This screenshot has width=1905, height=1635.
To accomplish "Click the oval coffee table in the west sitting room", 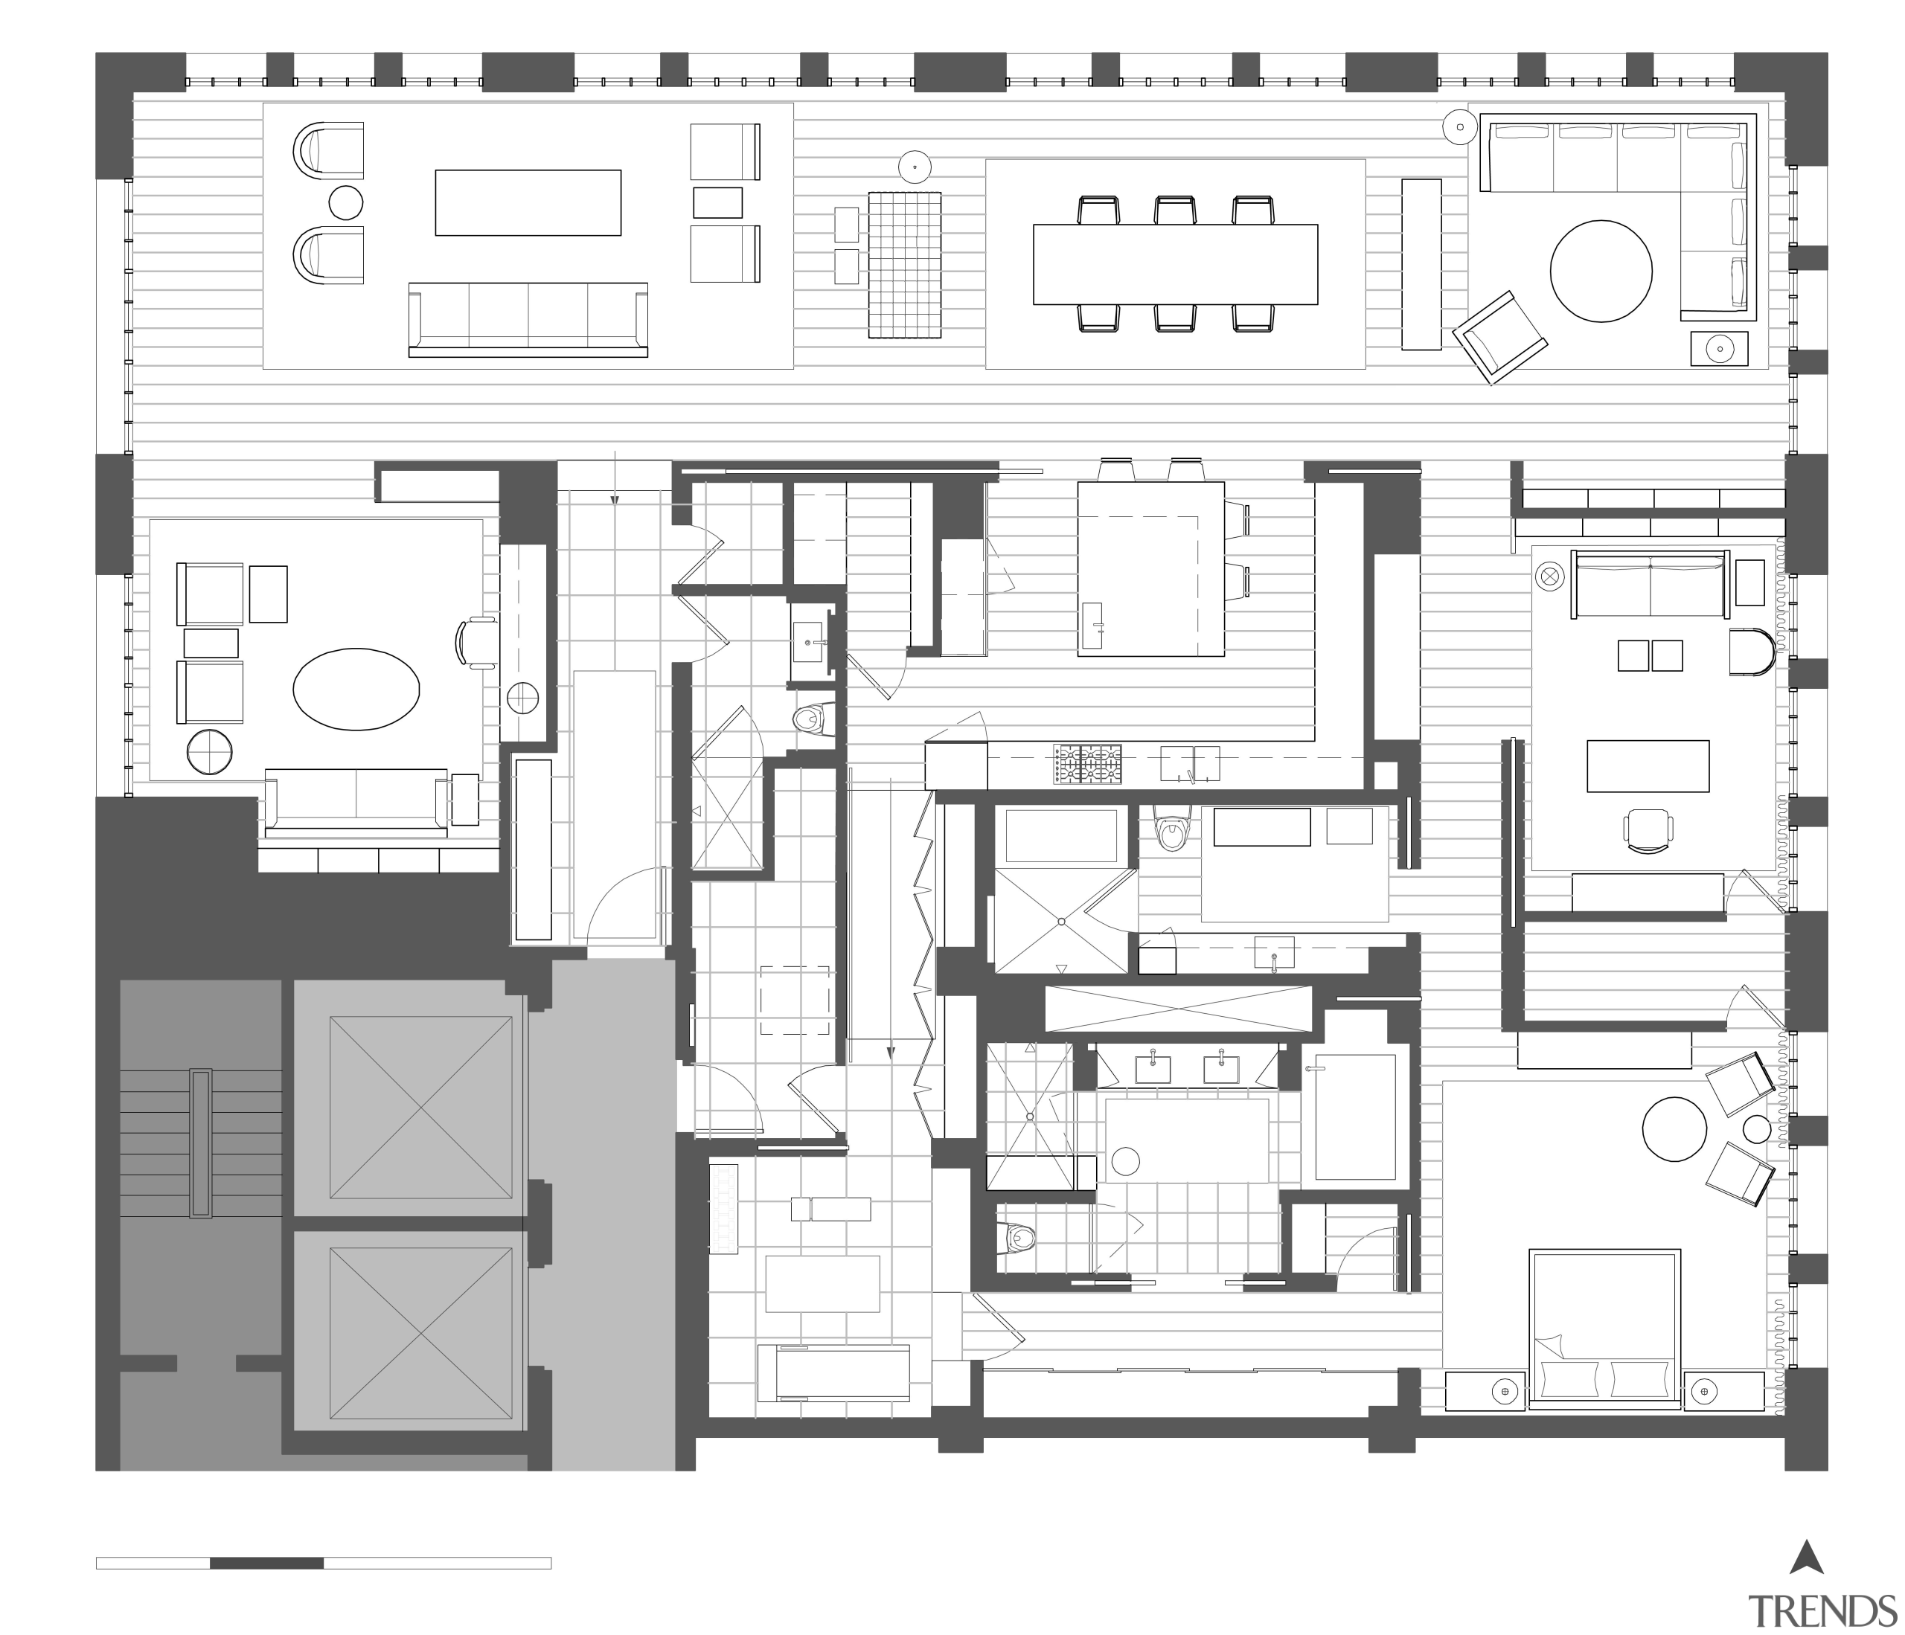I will pos(356,688).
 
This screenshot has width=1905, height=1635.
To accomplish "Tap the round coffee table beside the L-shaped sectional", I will pos(1601,270).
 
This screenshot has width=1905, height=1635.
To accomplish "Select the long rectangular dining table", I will pos(1175,264).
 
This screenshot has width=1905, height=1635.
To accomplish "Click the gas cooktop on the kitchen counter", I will pos(1089,765).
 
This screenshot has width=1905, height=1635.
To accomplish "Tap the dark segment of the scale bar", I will pos(266,1564).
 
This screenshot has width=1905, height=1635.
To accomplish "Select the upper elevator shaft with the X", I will pos(420,1107).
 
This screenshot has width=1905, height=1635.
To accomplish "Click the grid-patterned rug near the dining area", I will pos(905,265).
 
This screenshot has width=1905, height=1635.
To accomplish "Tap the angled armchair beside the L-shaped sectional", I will pos(1499,337).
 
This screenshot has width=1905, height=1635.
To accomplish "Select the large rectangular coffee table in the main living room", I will pos(528,202).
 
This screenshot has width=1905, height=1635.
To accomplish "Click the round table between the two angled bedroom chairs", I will pos(1674,1131).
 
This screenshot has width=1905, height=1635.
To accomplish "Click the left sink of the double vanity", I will pos(1153,1069).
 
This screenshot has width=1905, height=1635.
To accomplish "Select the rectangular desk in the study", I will pos(1648,765).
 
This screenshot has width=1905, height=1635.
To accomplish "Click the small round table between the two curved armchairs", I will pos(346,202).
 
